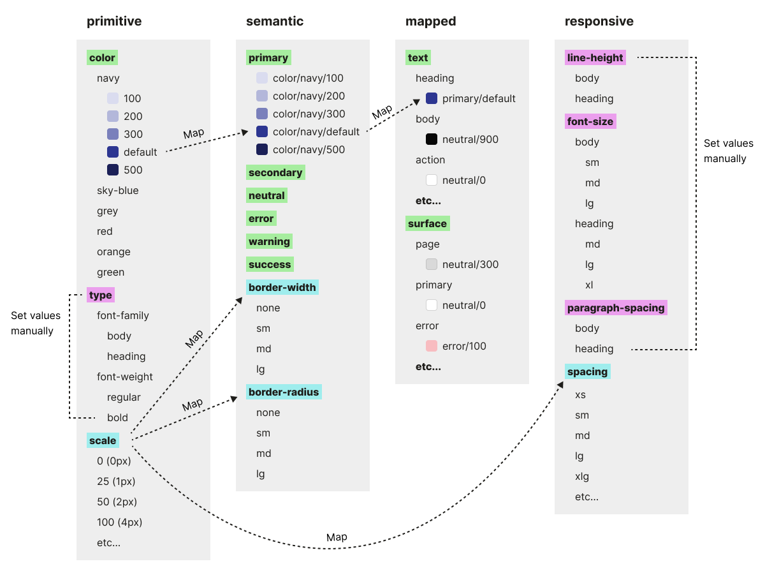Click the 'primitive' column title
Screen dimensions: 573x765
[114, 21]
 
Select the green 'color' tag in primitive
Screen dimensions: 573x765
[102, 57]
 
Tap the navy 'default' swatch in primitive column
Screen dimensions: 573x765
[113, 152]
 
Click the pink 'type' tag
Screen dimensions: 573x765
[101, 295]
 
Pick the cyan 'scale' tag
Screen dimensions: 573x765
[103, 440]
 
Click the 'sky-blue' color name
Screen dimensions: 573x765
[117, 190]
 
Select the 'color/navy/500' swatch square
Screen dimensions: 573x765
[262, 149]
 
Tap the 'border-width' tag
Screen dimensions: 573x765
[282, 287]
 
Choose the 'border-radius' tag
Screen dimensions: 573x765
[284, 392]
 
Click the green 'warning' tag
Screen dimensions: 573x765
[269, 241]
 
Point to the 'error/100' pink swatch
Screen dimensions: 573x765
[432, 346]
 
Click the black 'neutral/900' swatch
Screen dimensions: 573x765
[432, 139]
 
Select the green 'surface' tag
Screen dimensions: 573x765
[427, 223]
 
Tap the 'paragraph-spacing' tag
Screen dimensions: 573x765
[616, 308]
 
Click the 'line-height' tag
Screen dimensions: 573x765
[595, 57]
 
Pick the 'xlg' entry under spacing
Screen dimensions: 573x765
[582, 476]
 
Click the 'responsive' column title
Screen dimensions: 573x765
[599, 21]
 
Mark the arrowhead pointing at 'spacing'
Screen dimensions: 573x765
[560, 384]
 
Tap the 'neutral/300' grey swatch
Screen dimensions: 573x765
[432, 264]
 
